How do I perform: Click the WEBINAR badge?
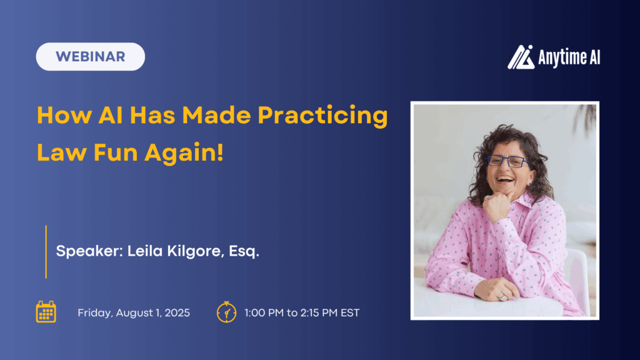coord(90,56)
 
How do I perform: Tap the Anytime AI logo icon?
coord(521,57)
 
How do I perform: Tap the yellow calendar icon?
coord(46,312)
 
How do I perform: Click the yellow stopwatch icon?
coord(226,311)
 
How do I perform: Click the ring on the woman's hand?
coord(502,298)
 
